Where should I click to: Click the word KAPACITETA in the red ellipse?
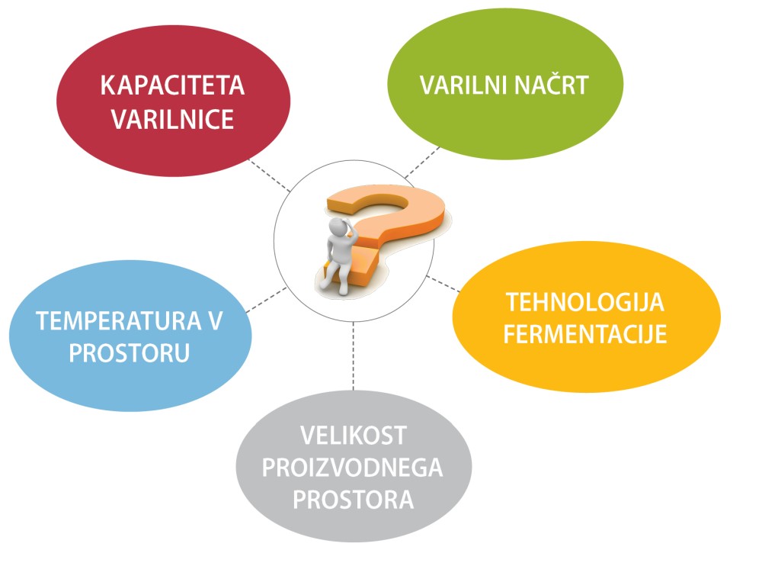[x=172, y=85]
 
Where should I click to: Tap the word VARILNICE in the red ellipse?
[x=172, y=119]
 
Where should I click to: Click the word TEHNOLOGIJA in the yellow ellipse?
[x=585, y=302]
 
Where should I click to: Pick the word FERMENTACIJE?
[x=585, y=334]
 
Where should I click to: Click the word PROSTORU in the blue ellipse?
[x=130, y=353]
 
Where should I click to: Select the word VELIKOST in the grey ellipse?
[x=354, y=435]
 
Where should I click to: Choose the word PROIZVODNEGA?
[x=352, y=467]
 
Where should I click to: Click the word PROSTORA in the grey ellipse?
[x=354, y=500]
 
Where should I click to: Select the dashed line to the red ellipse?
[x=270, y=175]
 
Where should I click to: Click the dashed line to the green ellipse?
[x=422, y=162]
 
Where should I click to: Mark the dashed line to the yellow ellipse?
[x=443, y=284]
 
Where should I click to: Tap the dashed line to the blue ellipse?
[x=266, y=299]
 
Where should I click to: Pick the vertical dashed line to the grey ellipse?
[x=354, y=355]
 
